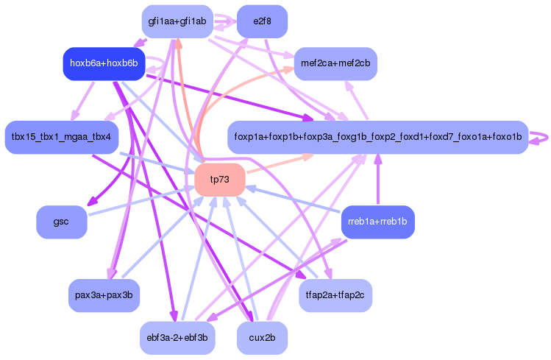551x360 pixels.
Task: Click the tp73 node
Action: (219, 180)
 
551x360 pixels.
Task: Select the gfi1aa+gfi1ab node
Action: (177, 21)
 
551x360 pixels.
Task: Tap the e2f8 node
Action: (262, 21)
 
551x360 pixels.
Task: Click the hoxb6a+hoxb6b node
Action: (104, 63)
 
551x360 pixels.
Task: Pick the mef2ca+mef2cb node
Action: (335, 63)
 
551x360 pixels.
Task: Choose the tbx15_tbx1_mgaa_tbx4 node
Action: (61, 137)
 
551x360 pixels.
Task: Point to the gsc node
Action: (61, 222)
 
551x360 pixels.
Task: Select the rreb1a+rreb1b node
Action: (377, 222)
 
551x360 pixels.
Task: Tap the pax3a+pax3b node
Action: (104, 295)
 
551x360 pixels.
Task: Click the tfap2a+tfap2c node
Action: (335, 295)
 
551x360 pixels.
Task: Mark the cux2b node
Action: (262, 338)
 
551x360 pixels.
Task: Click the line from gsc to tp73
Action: (140, 201)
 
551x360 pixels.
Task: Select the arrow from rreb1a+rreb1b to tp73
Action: (294, 200)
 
